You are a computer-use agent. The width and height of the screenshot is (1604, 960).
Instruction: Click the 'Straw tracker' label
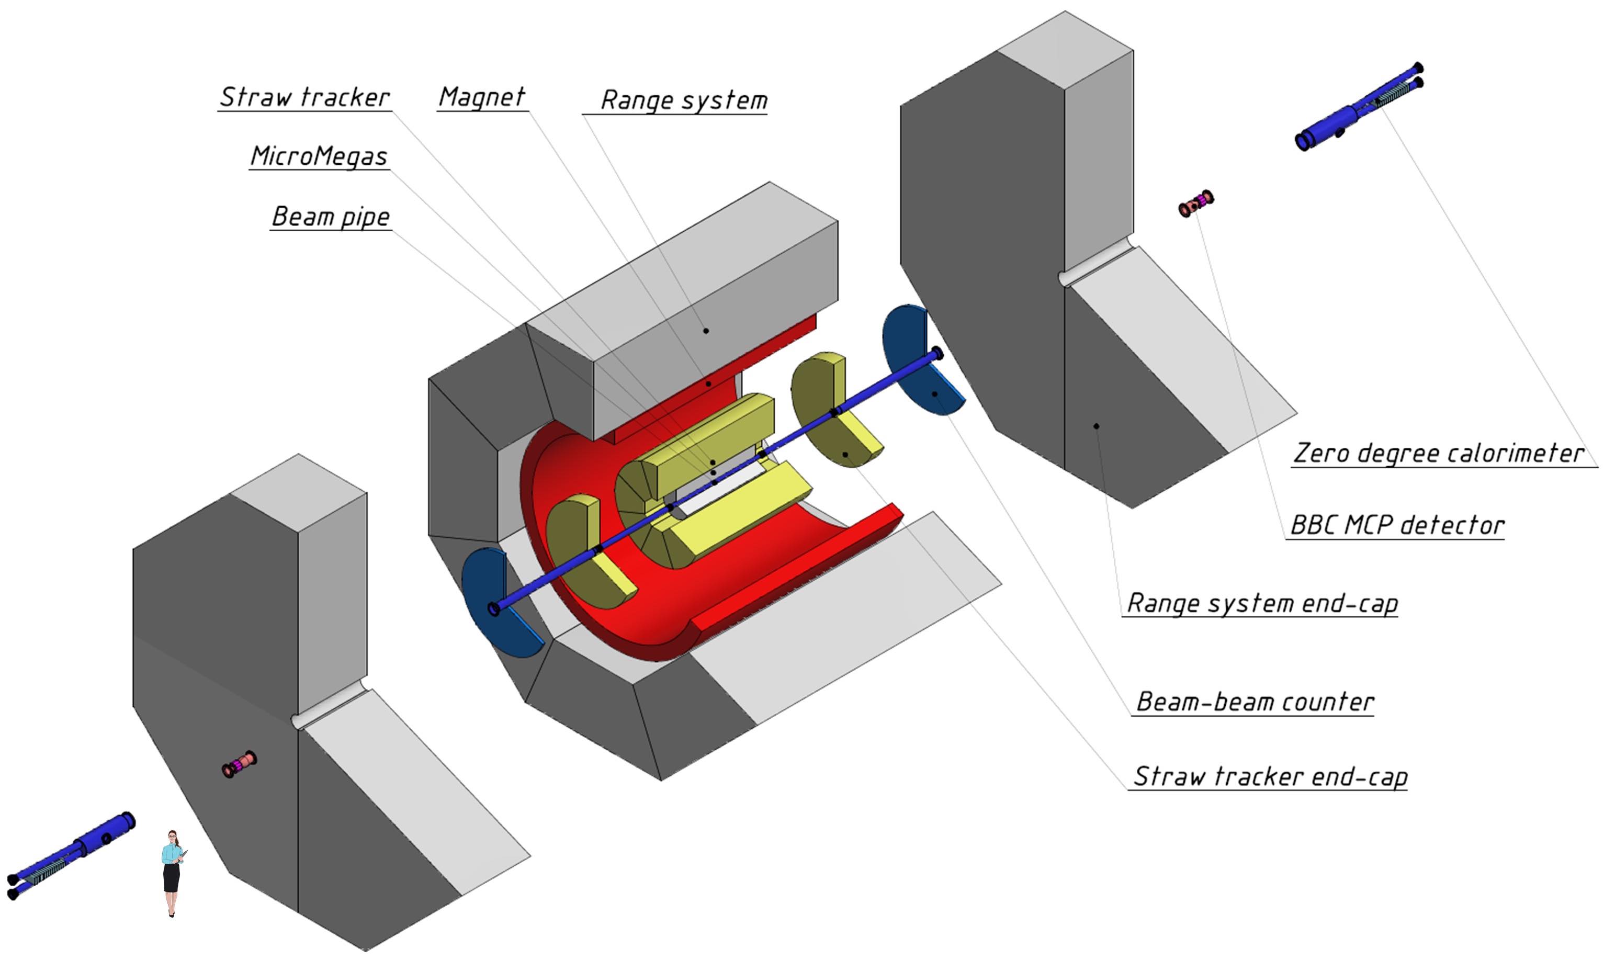point(304,97)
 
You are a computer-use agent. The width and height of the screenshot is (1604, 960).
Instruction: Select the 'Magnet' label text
point(482,97)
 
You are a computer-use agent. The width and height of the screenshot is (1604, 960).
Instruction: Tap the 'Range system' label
point(684,100)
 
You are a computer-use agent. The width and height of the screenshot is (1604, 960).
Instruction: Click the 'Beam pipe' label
point(331,216)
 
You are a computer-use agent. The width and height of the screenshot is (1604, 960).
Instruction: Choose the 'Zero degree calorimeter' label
point(1438,453)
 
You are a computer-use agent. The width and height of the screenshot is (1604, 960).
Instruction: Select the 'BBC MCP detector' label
point(1397,525)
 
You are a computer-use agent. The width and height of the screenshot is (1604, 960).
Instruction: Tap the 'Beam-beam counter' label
point(1254,702)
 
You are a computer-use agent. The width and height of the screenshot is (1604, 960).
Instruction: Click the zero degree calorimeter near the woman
point(71,854)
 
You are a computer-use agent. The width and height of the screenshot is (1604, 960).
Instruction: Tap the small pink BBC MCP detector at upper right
point(1195,204)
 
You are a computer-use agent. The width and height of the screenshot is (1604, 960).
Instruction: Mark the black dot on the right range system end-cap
point(1097,426)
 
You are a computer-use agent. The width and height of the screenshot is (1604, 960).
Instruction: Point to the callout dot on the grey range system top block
point(706,331)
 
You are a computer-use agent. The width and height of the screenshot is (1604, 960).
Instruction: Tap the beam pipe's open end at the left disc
point(494,609)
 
